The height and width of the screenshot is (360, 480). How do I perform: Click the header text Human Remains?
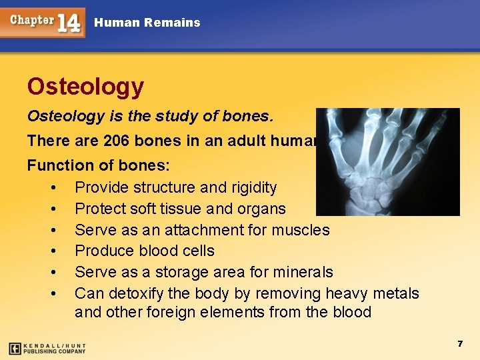[x=147, y=23]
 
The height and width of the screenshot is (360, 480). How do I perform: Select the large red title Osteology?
[x=85, y=86]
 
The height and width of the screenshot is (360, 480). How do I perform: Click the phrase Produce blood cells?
[x=144, y=251]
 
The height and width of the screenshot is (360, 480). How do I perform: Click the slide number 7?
[x=459, y=343]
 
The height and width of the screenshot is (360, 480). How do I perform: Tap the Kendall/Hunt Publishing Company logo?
[x=47, y=348]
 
